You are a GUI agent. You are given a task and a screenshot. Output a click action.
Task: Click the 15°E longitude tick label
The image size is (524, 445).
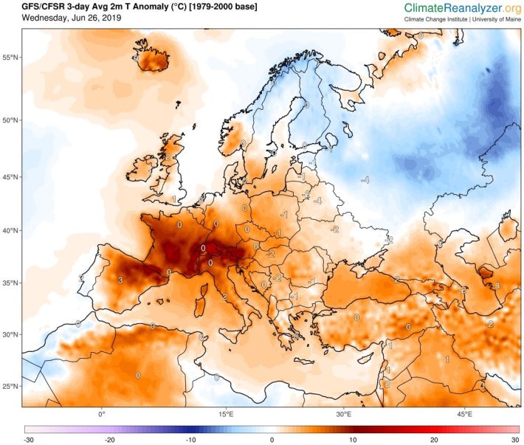(x=224, y=414)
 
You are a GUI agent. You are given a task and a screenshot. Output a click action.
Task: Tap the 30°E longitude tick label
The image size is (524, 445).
(x=345, y=414)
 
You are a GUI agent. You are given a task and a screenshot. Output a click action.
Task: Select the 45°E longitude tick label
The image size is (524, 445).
(x=465, y=414)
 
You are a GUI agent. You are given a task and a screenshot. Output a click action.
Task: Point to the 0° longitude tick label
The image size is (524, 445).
(x=102, y=414)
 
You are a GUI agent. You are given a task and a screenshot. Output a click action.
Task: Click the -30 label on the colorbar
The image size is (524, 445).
(x=27, y=440)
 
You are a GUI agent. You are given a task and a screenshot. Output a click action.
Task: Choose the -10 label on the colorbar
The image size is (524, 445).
(x=190, y=440)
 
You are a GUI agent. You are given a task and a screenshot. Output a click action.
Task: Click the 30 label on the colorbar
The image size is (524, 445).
(x=514, y=440)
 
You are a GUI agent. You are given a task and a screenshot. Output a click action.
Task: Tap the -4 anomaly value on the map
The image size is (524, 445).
(x=365, y=180)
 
